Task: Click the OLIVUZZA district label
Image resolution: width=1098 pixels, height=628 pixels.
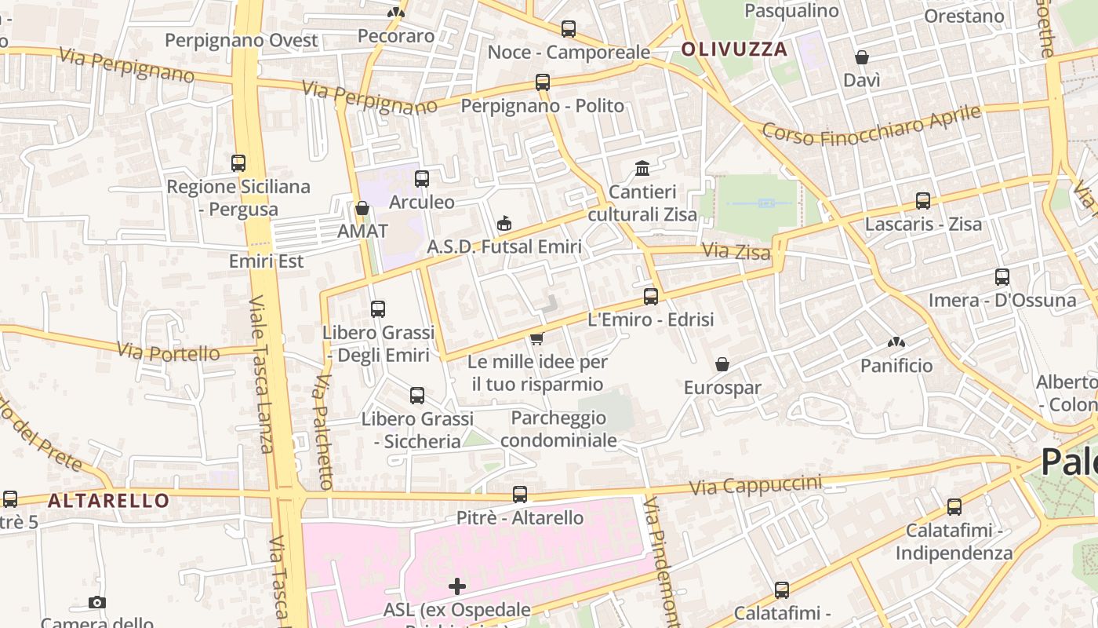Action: pyautogui.click(x=734, y=49)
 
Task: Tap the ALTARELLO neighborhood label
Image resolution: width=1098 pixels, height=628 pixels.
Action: pyautogui.click(x=108, y=500)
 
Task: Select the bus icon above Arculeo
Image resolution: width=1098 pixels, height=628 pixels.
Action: pyautogui.click(x=422, y=179)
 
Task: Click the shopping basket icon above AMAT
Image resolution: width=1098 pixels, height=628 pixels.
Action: pyautogui.click(x=362, y=208)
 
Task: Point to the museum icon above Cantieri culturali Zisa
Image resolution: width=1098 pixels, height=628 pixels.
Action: pyautogui.click(x=642, y=168)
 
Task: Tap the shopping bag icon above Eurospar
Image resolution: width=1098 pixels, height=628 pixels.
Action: pyautogui.click(x=722, y=364)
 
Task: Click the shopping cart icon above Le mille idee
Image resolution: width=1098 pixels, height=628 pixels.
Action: pyautogui.click(x=536, y=338)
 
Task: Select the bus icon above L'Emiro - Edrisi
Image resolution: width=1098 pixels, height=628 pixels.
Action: pyautogui.click(x=651, y=297)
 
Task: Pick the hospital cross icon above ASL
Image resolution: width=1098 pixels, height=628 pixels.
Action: pyautogui.click(x=457, y=586)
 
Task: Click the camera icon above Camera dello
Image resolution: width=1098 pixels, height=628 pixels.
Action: pyautogui.click(x=97, y=602)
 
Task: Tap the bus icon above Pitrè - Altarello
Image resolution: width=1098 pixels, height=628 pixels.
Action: pyautogui.click(x=520, y=495)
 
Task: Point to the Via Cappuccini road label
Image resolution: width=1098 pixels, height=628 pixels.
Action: pyautogui.click(x=755, y=485)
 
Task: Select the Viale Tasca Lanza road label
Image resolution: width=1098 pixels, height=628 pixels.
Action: pyautogui.click(x=262, y=374)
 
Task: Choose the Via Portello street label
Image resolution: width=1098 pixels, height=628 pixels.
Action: pyautogui.click(x=169, y=351)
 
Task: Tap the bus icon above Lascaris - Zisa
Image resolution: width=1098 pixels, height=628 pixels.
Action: pyautogui.click(x=923, y=201)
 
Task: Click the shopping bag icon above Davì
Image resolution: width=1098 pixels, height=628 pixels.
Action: pyautogui.click(x=862, y=57)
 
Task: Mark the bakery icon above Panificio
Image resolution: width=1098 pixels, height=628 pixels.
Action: pyautogui.click(x=896, y=342)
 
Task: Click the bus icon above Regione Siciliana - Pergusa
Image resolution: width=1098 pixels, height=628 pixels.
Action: pyautogui.click(x=238, y=163)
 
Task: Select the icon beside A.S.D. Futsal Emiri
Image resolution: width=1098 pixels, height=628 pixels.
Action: pyautogui.click(x=504, y=224)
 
